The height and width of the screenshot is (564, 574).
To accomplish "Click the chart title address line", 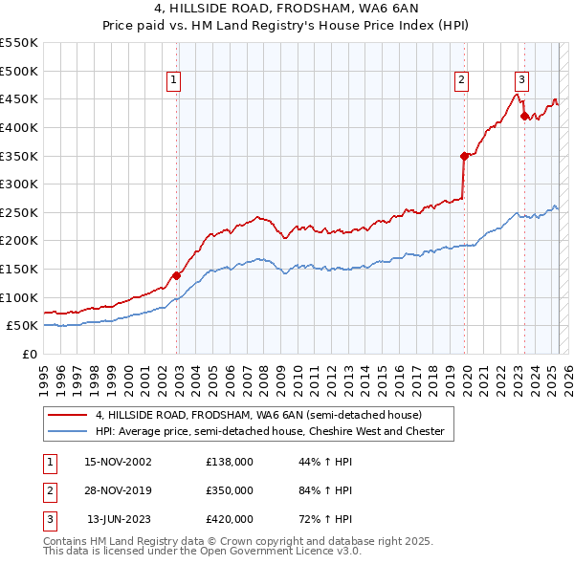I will point(286,10).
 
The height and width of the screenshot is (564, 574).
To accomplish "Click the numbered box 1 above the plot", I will point(174,81).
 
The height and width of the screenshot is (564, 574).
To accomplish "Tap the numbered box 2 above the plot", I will point(461,81).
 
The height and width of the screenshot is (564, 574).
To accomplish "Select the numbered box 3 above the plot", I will point(521,81).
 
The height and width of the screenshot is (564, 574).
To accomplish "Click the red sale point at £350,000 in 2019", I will point(464,155).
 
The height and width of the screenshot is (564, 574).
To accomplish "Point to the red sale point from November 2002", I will point(177,275).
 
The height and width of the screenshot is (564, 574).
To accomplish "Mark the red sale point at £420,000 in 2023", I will point(524,116).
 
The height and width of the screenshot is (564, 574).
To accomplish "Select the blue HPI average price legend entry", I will point(270,431).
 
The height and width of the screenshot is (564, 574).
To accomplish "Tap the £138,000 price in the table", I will point(230,462).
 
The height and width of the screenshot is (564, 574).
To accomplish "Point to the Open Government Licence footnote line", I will point(202,552).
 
